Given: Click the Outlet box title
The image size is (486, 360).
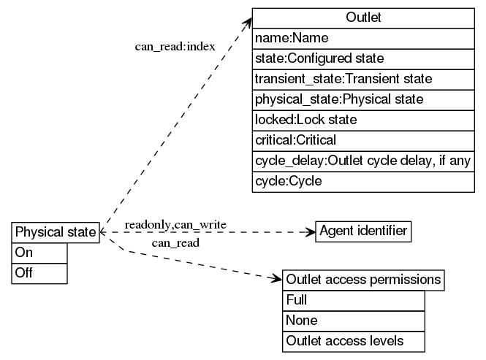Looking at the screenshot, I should coord(363,18).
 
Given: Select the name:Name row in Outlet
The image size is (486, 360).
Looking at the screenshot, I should coord(363,38).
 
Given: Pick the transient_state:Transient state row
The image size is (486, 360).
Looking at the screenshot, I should coord(363,78).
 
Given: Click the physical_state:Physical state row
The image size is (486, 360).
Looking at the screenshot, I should coord(363,99).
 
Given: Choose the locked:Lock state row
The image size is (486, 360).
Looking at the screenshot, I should coord(363,119).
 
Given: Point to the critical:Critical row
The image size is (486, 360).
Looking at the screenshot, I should coord(363,139).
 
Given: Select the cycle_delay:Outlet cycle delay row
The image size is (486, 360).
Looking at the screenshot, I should coord(363,160).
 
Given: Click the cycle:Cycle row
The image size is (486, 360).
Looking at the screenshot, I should coord(363,180).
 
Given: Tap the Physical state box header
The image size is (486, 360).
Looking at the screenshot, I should coord(56,232).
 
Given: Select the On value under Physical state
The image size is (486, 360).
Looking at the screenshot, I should coord(39,253).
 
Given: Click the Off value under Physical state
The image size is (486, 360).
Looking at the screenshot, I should coord(39,273).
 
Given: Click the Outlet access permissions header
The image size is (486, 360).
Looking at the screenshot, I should coord(363,280).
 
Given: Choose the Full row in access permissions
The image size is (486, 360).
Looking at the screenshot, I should coord(353,300).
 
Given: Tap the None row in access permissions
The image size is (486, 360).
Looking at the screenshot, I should coord(353,321).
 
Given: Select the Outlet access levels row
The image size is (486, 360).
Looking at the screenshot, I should coord(353,341).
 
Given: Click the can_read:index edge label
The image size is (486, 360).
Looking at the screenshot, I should coord(175,47).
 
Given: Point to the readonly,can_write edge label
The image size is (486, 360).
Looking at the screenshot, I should coord(175,223).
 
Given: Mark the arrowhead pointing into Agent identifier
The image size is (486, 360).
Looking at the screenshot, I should coord(310,231).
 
